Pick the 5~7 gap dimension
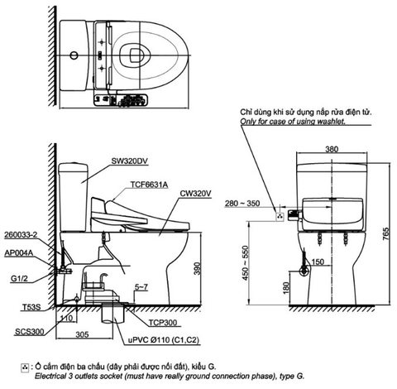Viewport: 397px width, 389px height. (x=142, y=286)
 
